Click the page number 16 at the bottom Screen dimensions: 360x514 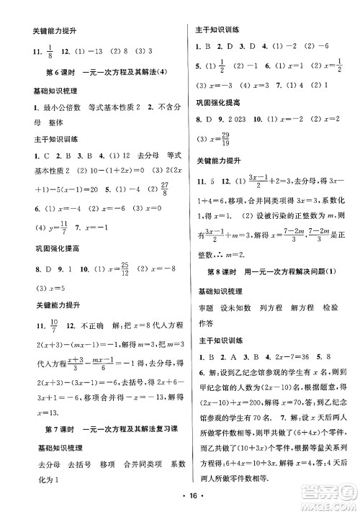(179, 496)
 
